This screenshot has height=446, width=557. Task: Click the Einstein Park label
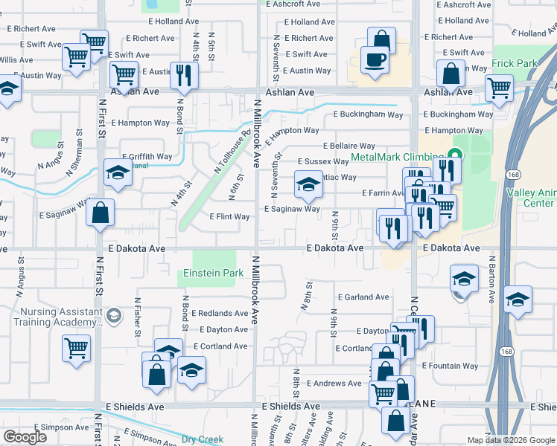click(x=214, y=274)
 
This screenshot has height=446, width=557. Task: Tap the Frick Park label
click(x=515, y=64)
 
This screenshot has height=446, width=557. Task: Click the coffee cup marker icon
click(x=375, y=59)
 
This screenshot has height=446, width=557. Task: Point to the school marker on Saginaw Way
click(x=308, y=186)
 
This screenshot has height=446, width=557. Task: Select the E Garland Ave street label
click(x=363, y=297)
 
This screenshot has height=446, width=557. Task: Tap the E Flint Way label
click(x=229, y=217)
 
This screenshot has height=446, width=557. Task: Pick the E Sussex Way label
click(x=323, y=161)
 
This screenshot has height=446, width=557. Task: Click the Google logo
click(x=25, y=437)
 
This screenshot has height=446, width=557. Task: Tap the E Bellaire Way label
click(x=348, y=146)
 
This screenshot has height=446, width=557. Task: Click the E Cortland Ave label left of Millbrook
click(x=220, y=346)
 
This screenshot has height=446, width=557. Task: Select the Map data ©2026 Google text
click(x=509, y=440)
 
